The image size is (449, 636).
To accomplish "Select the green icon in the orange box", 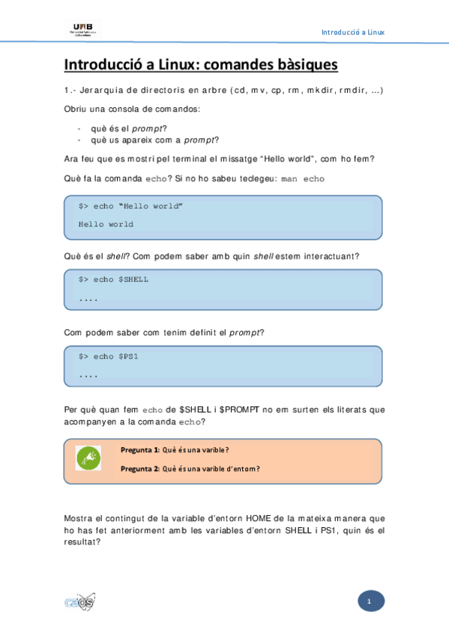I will pos(88,457).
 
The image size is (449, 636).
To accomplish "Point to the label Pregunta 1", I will pos(140,450).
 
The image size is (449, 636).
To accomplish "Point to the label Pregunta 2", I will pos(140,469).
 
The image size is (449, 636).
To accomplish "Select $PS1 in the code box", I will pos(128,356).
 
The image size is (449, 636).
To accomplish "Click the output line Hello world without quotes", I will pos(106,224).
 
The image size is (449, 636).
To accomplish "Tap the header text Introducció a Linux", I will pos(352,32).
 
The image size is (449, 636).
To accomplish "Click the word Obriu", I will pos(76,110).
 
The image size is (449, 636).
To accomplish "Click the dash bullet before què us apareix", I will pos(79,139).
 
